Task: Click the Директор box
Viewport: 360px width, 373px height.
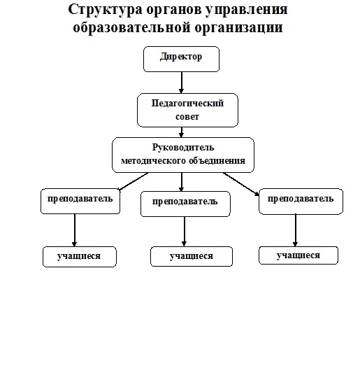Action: tap(181, 59)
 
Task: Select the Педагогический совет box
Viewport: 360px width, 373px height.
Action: tap(187, 110)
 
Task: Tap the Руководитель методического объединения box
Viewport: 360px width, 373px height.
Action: tap(183, 155)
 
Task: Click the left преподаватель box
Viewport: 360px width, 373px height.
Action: tap(80, 202)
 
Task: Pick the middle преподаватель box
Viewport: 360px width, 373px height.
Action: tap(185, 204)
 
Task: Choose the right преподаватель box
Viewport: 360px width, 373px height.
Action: tap(301, 202)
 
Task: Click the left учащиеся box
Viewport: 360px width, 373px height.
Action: tap(80, 257)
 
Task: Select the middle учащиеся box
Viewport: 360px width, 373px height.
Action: tap(192, 256)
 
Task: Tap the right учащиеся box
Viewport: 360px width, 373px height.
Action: tap(298, 255)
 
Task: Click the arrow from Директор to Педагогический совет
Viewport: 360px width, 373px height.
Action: tap(181, 83)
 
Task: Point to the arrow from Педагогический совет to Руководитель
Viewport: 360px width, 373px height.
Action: tap(181, 132)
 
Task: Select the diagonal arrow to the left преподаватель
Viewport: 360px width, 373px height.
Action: tap(133, 182)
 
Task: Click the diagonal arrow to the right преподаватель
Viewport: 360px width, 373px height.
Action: tap(241, 184)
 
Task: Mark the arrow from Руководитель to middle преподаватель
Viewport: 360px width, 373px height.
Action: tap(182, 182)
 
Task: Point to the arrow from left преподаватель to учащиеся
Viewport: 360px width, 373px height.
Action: tap(74, 230)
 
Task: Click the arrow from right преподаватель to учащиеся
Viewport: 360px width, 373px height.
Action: tap(296, 230)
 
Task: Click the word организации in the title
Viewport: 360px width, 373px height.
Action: tap(238, 28)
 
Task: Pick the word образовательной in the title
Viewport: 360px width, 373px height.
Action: tap(131, 27)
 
